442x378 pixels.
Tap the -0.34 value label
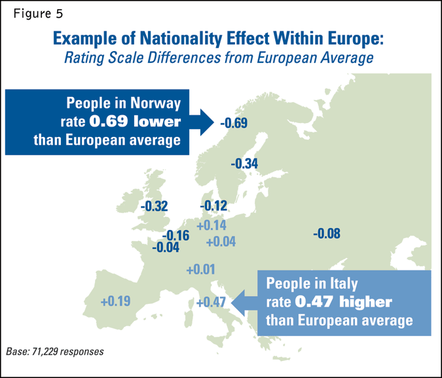(246, 163)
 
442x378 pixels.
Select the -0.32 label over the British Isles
(155, 206)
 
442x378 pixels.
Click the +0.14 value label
(211, 225)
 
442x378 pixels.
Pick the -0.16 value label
(175, 236)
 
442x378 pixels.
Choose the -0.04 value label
(166, 248)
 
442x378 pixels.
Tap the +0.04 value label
(220, 242)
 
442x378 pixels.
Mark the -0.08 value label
(327, 233)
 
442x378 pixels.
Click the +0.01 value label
(200, 269)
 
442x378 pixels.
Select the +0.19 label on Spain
(116, 301)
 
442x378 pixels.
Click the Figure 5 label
(37, 13)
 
